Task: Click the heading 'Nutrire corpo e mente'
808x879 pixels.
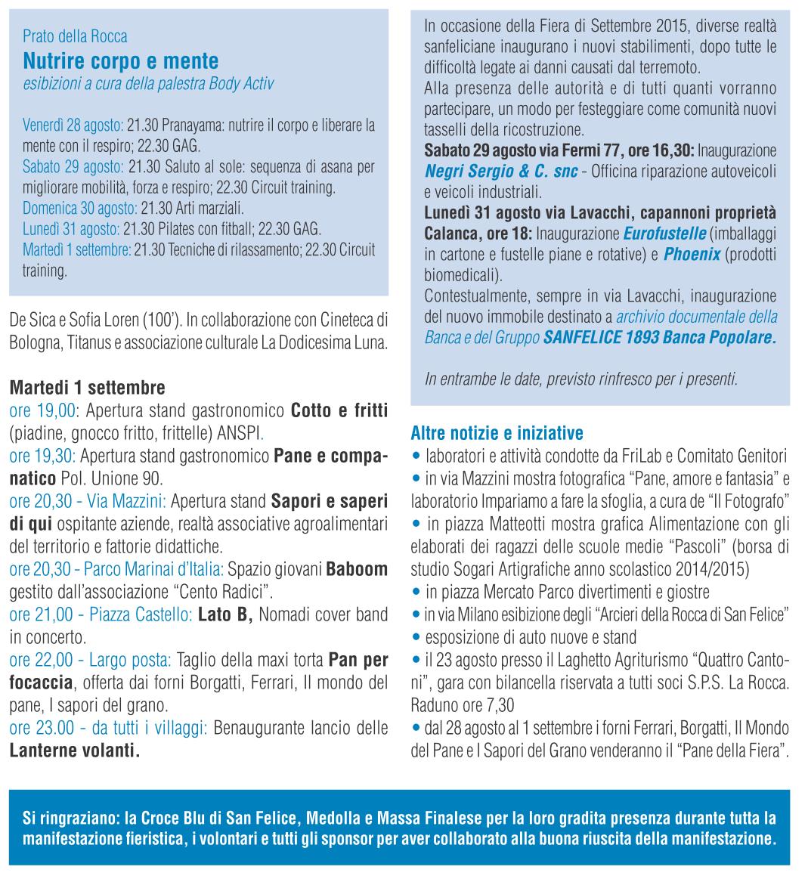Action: [120, 60]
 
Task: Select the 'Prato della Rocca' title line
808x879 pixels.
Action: [75, 36]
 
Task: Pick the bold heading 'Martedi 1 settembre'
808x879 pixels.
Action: [87, 388]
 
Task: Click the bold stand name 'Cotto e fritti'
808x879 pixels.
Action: [339, 410]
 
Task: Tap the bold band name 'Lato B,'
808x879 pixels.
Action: [224, 615]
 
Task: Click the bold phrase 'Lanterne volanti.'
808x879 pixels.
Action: [74, 751]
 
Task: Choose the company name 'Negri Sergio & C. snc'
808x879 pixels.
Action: [501, 172]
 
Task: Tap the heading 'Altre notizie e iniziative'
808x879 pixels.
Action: [497, 434]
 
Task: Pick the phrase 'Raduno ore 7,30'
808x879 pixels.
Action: [463, 706]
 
